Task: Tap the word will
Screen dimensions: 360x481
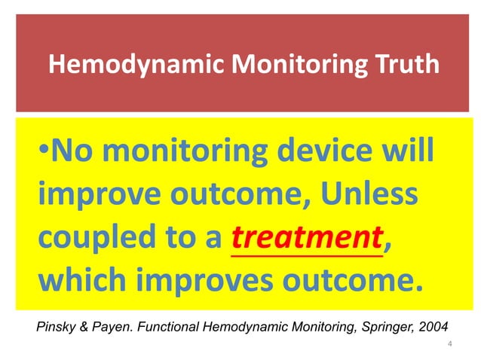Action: (407, 152)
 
